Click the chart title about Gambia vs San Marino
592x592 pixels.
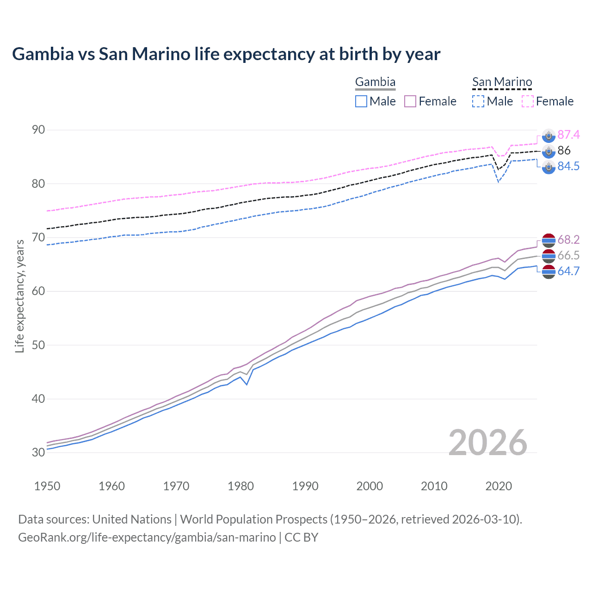pyautogui.click(x=226, y=54)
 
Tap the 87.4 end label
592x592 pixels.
pyautogui.click(x=568, y=135)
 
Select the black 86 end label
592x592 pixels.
pyautogui.click(x=564, y=150)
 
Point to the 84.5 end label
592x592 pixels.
pyautogui.click(x=568, y=166)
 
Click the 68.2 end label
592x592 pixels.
pyautogui.click(x=568, y=240)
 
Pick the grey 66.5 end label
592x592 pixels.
pyautogui.click(x=568, y=255)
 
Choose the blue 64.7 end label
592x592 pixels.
pyautogui.click(x=568, y=271)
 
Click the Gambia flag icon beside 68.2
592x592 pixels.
pyautogui.click(x=549, y=240)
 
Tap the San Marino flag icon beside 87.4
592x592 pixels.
pyautogui.click(x=549, y=136)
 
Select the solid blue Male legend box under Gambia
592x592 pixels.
pyautogui.click(x=361, y=101)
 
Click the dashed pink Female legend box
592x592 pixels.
pyautogui.click(x=528, y=101)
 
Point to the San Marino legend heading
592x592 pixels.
pyautogui.click(x=502, y=82)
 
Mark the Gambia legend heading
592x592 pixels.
pyautogui.click(x=375, y=82)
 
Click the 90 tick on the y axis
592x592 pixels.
pyautogui.click(x=38, y=130)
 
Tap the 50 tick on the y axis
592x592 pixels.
pyautogui.click(x=38, y=345)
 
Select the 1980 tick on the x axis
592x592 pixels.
pyautogui.click(x=241, y=486)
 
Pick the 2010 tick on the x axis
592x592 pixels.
pyautogui.click(x=434, y=486)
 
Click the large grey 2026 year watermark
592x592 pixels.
pyautogui.click(x=488, y=443)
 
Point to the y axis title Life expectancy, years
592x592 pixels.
pyautogui.click(x=20, y=296)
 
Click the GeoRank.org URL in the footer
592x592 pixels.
pyautogui.click(x=147, y=537)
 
